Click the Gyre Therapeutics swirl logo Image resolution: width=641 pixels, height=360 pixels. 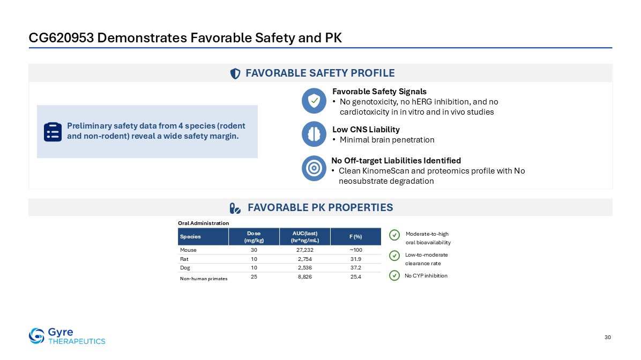tap(36, 336)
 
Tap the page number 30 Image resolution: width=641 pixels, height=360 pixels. tap(607, 337)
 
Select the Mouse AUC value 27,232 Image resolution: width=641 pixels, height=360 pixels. tap(304, 250)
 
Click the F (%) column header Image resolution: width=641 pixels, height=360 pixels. tap(356, 237)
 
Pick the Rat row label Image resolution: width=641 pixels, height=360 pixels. tap(184, 259)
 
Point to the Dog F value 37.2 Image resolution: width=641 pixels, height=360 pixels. tap(356, 268)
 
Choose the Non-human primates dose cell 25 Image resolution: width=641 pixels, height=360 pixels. tap(254, 277)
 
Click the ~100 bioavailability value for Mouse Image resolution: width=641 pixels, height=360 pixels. tap(356, 250)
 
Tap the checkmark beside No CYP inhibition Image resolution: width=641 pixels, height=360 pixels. tap(394, 276)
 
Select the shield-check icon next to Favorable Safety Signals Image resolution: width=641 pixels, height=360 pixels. tap(314, 101)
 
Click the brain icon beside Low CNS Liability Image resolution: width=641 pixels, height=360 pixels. tap(314, 134)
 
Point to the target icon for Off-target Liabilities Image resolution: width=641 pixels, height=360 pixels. tap(314, 168)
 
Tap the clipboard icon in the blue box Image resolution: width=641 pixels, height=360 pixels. tap(53, 132)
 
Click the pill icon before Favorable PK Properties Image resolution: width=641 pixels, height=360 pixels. tap(235, 208)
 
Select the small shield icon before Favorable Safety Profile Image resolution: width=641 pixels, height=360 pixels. tap(235, 73)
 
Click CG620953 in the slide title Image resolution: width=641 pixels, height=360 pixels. tap(61, 37)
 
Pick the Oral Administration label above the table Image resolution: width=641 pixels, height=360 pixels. tap(203, 223)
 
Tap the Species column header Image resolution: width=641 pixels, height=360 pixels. tap(190, 237)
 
